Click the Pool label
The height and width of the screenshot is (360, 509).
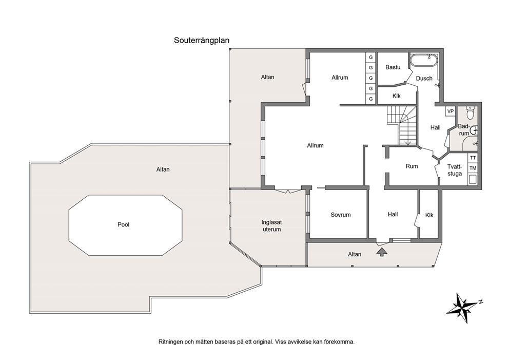pyautogui.click(x=123, y=224)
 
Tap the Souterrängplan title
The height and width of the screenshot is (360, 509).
pyautogui.click(x=202, y=40)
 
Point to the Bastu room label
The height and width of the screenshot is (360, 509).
pyautogui.click(x=393, y=67)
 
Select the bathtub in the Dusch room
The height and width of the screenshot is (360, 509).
pyautogui.click(x=424, y=61)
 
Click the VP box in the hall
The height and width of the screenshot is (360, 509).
pyautogui.click(x=450, y=111)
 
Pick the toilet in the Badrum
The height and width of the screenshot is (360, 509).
pyautogui.click(x=470, y=113)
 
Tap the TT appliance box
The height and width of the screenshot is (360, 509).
pyautogui.click(x=473, y=158)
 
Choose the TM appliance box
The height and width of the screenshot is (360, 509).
pyautogui.click(x=473, y=168)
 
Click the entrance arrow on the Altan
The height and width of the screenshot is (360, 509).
pyautogui.click(x=382, y=252)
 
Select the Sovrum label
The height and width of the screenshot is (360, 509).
pyautogui.click(x=341, y=215)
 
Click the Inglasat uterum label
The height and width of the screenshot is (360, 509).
pyautogui.click(x=272, y=226)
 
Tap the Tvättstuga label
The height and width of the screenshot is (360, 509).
pyautogui.click(x=455, y=170)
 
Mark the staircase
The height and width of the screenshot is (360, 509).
pyautogui.click(x=402, y=125)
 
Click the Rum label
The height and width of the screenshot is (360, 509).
pyautogui.click(x=412, y=166)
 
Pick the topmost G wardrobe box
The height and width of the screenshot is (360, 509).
pyautogui.click(x=370, y=58)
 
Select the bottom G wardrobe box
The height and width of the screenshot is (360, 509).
pyautogui.click(x=370, y=99)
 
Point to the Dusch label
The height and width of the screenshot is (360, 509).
pyautogui.click(x=424, y=78)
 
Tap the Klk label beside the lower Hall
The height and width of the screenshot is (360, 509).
pyautogui.click(x=429, y=215)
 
